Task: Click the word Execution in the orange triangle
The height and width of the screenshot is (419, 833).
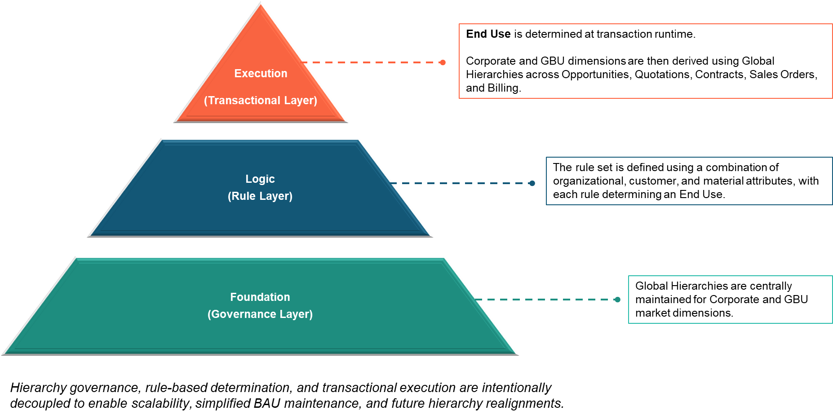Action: point(261,73)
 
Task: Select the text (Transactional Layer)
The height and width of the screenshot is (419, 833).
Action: point(261,100)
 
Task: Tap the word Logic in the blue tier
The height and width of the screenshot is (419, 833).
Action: point(260,179)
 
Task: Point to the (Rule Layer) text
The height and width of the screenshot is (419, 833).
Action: point(260,196)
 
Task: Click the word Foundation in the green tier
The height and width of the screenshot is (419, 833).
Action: point(260,297)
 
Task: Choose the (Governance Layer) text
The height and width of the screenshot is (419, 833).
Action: point(260,314)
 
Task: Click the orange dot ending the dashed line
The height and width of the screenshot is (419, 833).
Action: point(443,62)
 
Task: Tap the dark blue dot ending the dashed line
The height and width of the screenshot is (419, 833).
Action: point(532,183)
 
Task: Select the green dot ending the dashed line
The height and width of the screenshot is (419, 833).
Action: point(617,300)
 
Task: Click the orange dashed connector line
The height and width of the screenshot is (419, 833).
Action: point(373,62)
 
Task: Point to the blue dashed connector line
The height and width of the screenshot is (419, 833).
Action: point(463,183)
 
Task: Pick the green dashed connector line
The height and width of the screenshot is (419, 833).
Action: point(546,300)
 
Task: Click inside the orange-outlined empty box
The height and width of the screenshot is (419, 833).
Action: point(645,61)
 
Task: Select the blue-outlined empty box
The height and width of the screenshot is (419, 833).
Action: point(689,181)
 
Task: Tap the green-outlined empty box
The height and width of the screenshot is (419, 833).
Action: point(730,300)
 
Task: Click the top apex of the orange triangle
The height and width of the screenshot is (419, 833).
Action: point(261,3)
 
